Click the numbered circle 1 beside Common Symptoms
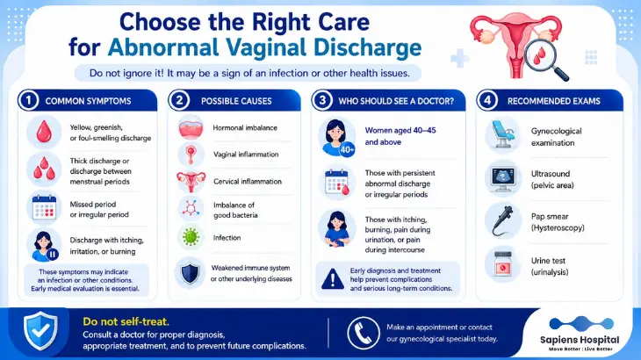tap(29, 100)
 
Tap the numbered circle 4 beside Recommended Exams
tap(487, 100)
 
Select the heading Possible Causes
tap(236, 101)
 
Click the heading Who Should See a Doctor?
tap(396, 101)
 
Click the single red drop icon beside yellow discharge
tap(44, 132)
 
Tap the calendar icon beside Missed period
tap(44, 207)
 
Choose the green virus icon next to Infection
tap(191, 237)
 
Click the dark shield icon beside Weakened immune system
tap(190, 273)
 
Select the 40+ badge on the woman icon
tap(347, 150)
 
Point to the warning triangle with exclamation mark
tap(333, 278)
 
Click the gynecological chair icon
tap(502, 134)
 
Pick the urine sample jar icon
tap(503, 264)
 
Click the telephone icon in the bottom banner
tap(363, 333)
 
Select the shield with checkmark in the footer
tap(40, 331)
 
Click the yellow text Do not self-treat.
tap(126, 321)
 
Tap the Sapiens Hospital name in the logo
tap(580, 340)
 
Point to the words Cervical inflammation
tap(248, 181)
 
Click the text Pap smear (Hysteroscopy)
tap(558, 222)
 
